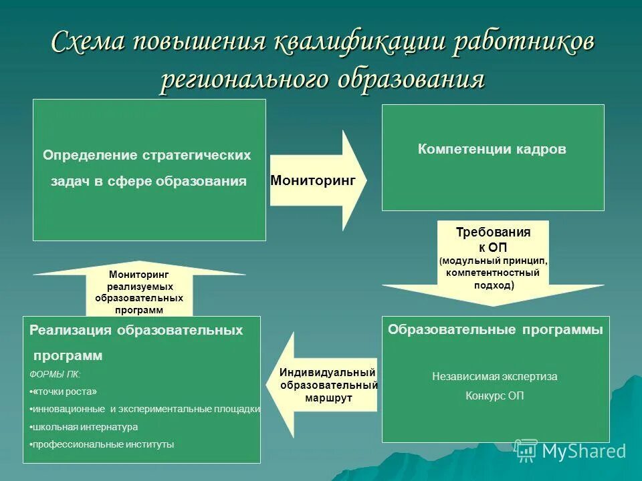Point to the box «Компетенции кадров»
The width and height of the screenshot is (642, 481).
click(492, 150)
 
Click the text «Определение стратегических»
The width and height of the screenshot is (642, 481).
click(147, 155)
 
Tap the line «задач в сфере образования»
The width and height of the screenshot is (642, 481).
click(149, 182)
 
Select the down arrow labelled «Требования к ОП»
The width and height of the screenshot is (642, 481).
click(493, 261)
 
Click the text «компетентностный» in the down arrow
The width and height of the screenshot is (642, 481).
click(494, 273)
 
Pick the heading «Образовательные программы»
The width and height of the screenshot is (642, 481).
click(496, 329)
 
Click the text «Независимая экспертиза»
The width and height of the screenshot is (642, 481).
click(494, 376)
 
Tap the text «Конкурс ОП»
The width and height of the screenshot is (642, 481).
click(494, 395)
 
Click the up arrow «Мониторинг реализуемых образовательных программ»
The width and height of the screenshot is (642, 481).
click(139, 291)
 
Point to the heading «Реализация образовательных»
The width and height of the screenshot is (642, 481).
click(136, 330)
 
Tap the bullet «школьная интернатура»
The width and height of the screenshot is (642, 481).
click(85, 427)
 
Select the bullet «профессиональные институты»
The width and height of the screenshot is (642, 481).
click(103, 444)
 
